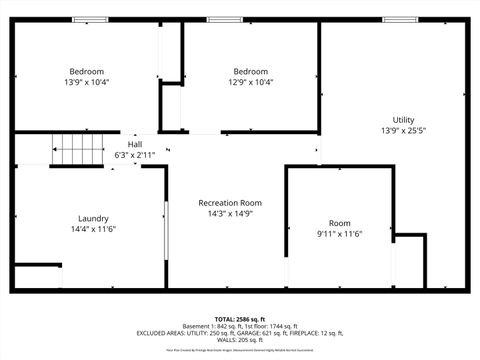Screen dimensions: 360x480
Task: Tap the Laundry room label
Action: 93,218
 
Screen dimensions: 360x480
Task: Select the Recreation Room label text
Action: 230,202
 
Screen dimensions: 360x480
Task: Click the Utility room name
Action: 403,120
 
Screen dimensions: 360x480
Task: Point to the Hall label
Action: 134,144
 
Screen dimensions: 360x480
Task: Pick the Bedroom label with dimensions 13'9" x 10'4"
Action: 86,71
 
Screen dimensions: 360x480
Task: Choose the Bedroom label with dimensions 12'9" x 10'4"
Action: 251,71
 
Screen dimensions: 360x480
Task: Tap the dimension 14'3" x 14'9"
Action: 230,213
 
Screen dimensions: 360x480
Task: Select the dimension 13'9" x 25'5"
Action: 403,131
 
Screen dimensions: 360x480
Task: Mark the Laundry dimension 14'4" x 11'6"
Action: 93,229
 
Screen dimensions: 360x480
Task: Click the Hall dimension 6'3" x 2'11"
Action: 134,155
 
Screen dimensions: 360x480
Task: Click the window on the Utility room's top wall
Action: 401,19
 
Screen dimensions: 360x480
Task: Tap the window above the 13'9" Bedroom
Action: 90,19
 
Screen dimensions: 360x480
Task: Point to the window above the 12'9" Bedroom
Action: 223,19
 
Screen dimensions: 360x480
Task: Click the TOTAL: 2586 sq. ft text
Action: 240,319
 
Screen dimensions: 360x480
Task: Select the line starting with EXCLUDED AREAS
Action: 240,333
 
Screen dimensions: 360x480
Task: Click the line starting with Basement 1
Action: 240,326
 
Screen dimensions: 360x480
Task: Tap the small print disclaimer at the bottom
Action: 240,351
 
